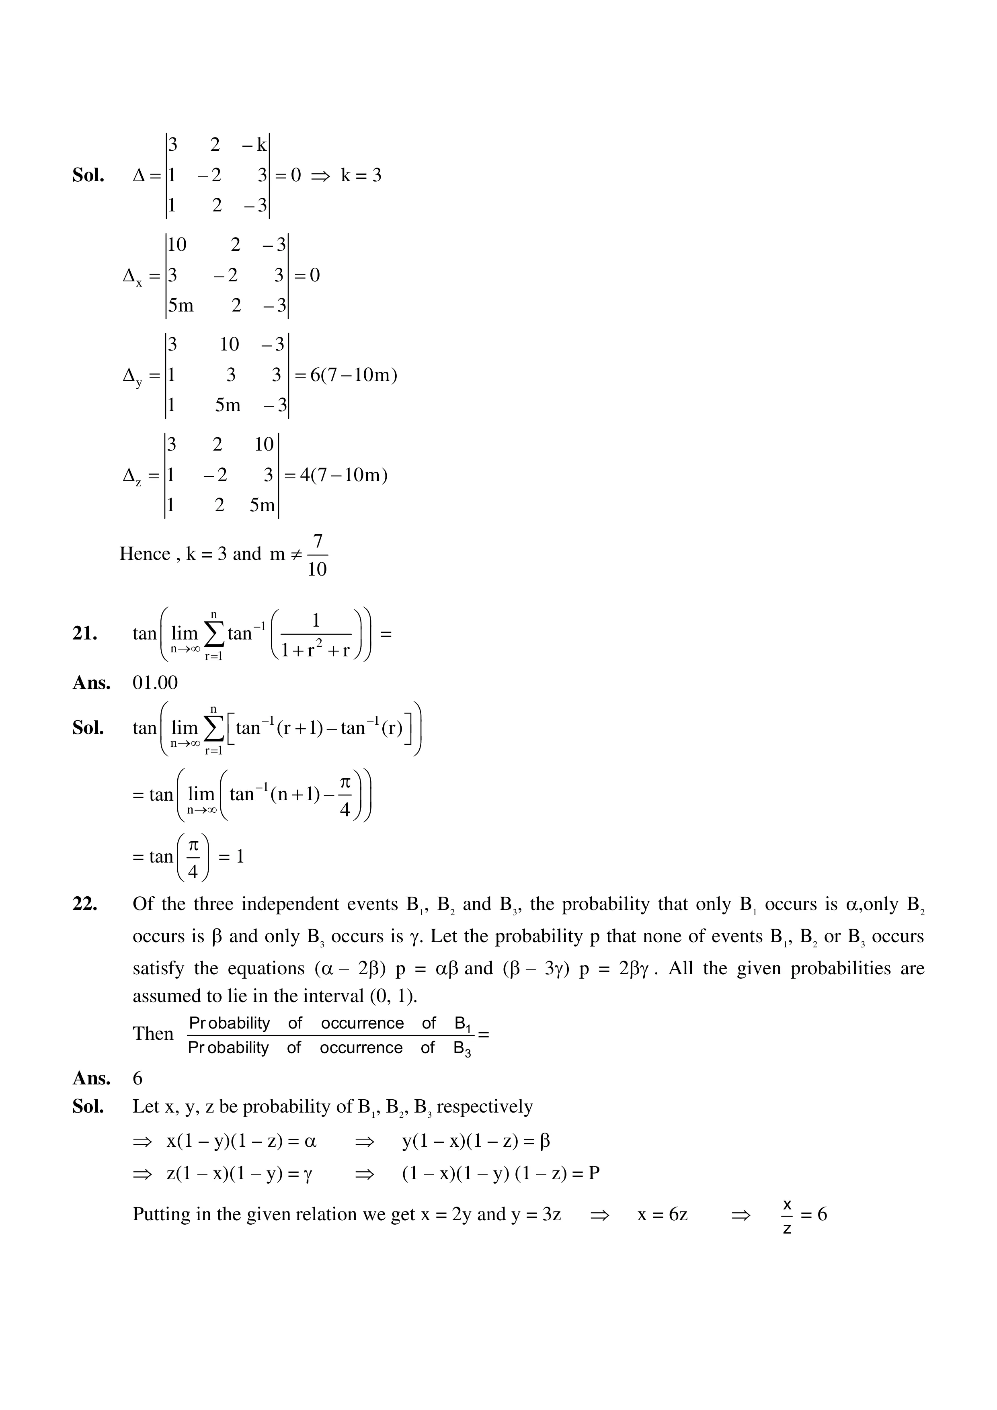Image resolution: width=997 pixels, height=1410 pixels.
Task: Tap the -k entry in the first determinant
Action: (x=254, y=145)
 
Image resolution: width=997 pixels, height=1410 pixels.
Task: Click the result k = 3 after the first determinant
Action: (x=361, y=176)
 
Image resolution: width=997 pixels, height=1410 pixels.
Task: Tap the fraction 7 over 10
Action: (x=317, y=555)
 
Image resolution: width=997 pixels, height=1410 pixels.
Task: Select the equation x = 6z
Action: (x=662, y=1214)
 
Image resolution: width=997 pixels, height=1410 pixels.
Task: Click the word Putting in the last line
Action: (x=161, y=1214)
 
